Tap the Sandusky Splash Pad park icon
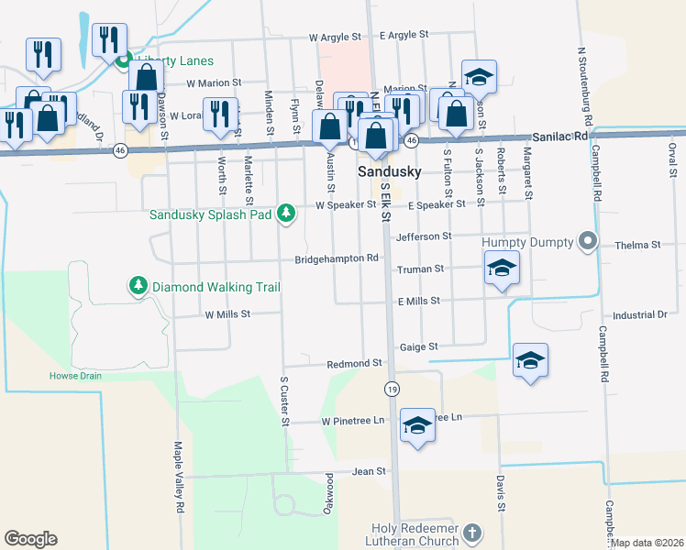point(287,214)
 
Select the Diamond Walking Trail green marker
point(138,287)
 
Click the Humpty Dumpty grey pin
point(588,243)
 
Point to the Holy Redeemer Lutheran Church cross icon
point(471,533)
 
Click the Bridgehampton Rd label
point(337,259)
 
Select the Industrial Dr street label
point(640,314)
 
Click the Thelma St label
point(637,245)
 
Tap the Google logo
point(30,539)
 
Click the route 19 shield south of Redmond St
point(392,390)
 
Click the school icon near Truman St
point(502,268)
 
